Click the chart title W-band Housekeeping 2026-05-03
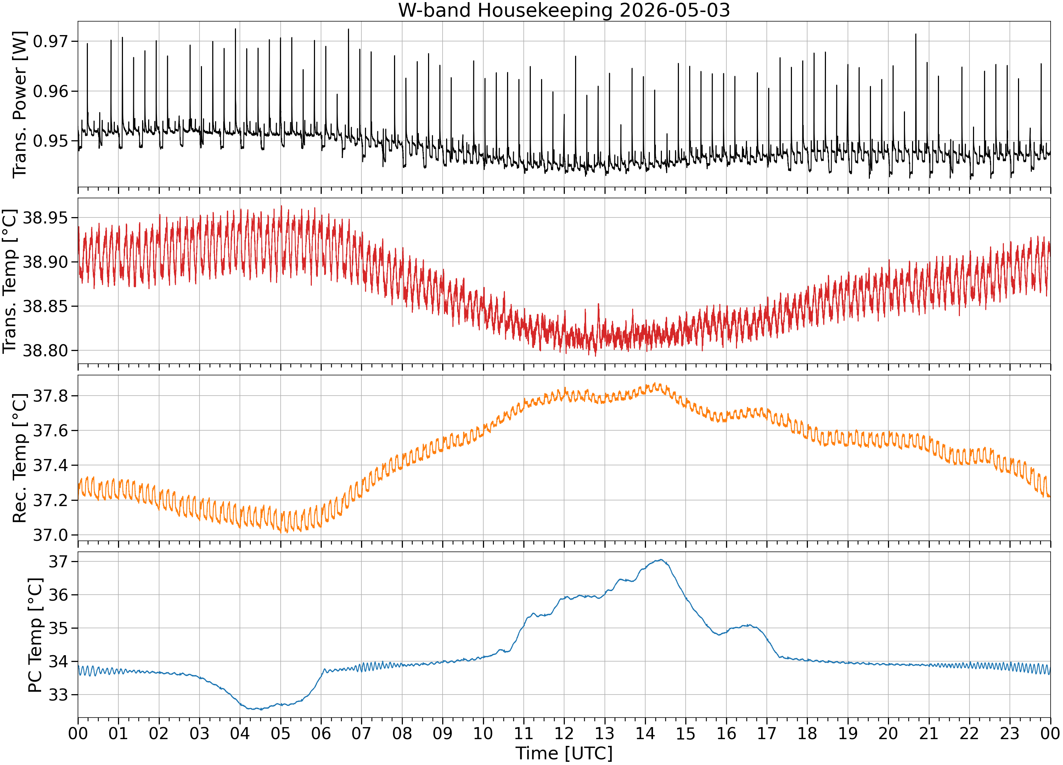tap(564, 10)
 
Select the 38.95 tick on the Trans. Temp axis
tap(45, 218)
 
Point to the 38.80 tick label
tap(45, 350)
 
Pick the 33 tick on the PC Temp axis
tap(58, 695)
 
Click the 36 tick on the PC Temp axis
tap(58, 595)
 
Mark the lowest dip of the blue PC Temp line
tap(261, 710)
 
